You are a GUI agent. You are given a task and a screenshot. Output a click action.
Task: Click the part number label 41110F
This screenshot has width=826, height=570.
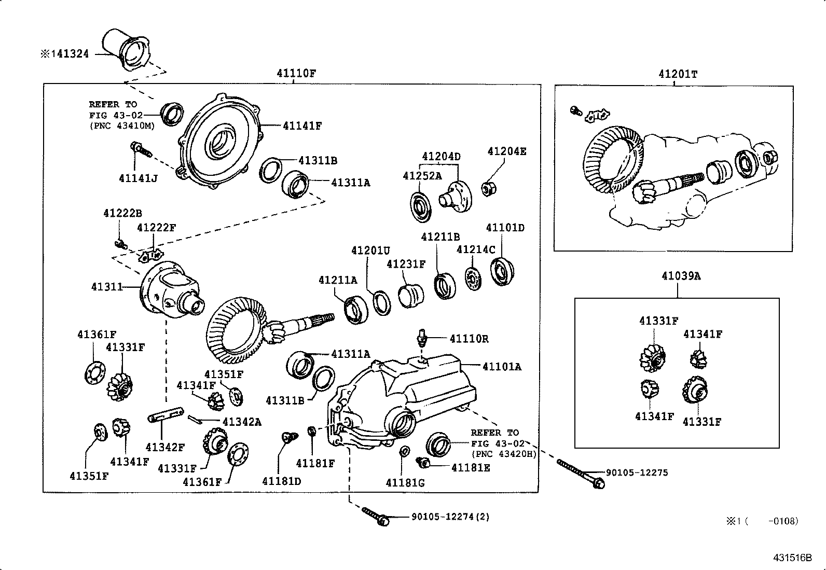pos(296,73)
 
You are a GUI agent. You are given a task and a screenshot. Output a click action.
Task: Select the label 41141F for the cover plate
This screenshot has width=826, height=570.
pos(302,126)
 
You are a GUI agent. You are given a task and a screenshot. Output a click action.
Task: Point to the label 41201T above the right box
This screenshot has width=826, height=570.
pos(678,74)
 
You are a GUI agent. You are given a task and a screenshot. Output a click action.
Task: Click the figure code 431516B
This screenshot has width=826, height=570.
pos(792,558)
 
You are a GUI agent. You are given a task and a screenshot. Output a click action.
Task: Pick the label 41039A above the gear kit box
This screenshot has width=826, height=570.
pos(681,276)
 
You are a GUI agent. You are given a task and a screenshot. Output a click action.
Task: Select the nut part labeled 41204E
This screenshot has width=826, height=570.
pos(488,188)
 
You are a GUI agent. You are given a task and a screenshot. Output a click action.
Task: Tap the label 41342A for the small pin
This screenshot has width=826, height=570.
pos(242,422)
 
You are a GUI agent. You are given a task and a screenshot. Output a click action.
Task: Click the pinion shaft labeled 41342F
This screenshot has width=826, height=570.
pos(166,414)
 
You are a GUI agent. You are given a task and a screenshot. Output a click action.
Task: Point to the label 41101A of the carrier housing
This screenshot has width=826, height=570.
pos(502,367)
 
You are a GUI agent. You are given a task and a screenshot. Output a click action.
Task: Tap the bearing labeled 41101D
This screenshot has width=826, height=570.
pos(501,271)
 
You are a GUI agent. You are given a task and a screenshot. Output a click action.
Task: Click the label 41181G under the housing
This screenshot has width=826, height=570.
pos(405,483)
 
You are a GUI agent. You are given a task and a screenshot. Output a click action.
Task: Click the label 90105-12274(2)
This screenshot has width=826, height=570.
pos(450,517)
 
